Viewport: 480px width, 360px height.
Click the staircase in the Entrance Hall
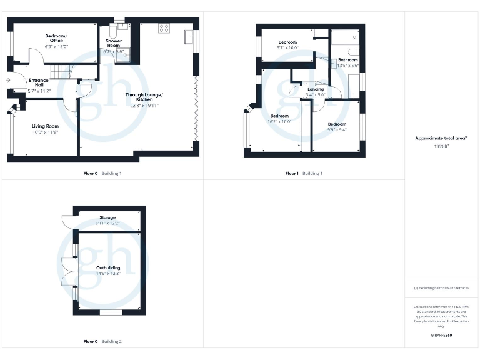(x=62, y=74)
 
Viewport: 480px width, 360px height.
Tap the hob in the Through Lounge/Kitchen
(x=164, y=28)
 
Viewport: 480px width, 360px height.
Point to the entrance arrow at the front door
(x=7, y=80)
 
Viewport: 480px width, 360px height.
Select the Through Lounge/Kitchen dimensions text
(x=143, y=106)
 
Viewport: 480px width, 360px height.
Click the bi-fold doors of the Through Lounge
(x=196, y=109)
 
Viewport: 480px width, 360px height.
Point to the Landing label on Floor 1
(x=316, y=89)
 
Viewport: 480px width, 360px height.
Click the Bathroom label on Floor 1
(x=348, y=60)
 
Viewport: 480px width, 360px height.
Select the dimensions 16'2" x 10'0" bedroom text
(x=279, y=122)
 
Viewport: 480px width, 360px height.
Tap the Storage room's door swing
(x=67, y=221)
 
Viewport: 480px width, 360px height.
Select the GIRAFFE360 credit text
(x=441, y=336)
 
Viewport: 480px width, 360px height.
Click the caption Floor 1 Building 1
(x=304, y=173)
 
